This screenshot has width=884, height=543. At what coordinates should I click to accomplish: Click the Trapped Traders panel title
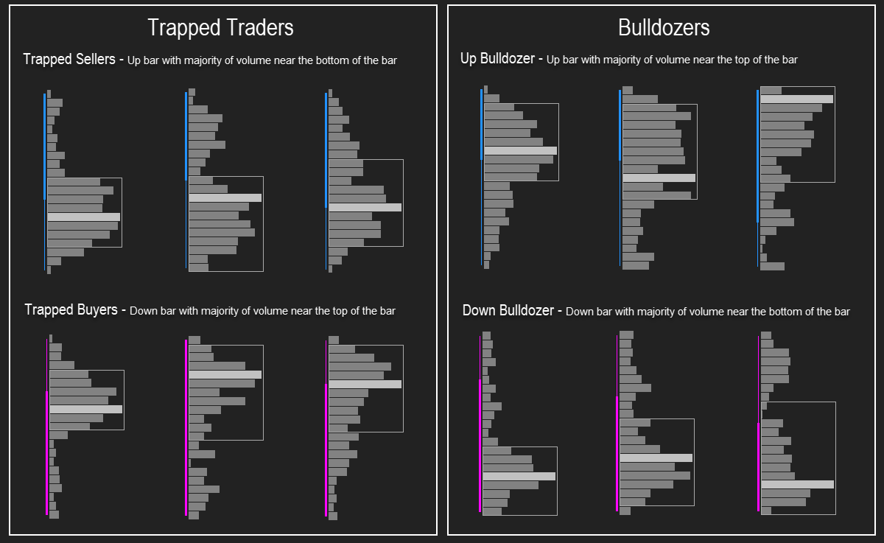click(x=220, y=28)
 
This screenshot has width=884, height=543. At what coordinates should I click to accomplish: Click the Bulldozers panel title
click(x=664, y=27)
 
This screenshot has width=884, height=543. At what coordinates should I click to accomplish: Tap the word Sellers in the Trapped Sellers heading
click(x=96, y=59)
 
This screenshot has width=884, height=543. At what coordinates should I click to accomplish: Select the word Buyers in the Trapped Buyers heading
click(x=97, y=309)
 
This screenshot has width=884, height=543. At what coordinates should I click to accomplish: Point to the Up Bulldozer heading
click(x=497, y=58)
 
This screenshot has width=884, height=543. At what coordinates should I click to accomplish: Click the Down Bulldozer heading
click(x=508, y=310)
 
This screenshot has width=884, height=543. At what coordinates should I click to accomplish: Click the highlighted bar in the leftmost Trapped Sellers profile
click(x=84, y=217)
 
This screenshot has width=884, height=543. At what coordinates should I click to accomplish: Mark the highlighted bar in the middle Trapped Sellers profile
click(x=225, y=197)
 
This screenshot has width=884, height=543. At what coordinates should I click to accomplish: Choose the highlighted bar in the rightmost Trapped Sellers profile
click(x=365, y=207)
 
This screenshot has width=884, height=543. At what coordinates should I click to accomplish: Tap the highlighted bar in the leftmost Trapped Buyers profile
click(x=86, y=409)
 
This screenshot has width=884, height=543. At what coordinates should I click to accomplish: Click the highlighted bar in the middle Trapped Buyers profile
click(x=225, y=374)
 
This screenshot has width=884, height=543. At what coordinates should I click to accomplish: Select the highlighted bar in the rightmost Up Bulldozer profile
click(x=797, y=99)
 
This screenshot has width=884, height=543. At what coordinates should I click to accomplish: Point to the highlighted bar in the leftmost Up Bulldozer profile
click(x=521, y=150)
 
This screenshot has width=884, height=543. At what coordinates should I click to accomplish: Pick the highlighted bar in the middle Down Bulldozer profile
click(x=656, y=458)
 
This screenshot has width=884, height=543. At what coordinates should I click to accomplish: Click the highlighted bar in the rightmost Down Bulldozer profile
click(x=798, y=484)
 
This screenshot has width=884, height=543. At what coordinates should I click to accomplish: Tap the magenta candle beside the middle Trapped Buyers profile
click(x=186, y=427)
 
